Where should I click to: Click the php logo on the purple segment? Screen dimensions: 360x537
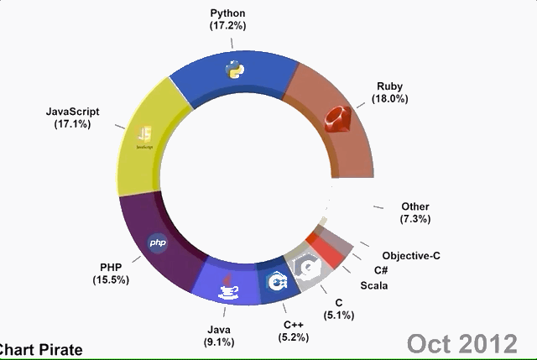[x=158, y=243]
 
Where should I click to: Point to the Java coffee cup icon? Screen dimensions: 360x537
[x=228, y=287]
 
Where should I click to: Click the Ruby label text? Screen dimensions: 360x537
[x=389, y=86]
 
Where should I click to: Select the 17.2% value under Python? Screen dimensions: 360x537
[x=228, y=26]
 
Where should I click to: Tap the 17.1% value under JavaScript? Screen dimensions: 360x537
[x=72, y=123]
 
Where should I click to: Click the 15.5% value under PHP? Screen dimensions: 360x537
[x=111, y=279]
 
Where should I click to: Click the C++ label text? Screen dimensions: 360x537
[x=294, y=325]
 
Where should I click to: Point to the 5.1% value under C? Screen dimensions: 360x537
[x=339, y=315]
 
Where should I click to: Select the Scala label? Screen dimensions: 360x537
[x=374, y=285]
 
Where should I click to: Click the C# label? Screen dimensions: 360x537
[x=379, y=270]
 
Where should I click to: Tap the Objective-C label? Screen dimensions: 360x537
[x=411, y=255]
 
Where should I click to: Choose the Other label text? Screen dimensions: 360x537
[x=415, y=206]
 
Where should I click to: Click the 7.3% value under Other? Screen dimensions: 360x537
[x=415, y=219]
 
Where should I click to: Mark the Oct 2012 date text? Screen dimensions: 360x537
[x=461, y=342]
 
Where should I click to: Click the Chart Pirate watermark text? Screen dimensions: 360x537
[x=40, y=349]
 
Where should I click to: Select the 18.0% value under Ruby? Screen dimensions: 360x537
[x=389, y=98]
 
